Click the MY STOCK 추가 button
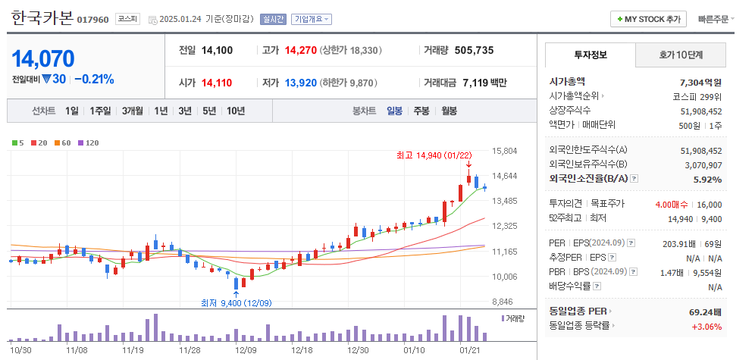(649, 19)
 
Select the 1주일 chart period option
(100, 111)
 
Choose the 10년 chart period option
(235, 111)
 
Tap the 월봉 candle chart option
(449, 111)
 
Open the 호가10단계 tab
(680, 55)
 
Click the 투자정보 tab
(591, 55)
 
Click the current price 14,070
(43, 58)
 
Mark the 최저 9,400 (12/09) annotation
(236, 302)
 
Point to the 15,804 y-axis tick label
(504, 151)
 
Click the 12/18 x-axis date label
(302, 350)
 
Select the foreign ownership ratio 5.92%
(707, 180)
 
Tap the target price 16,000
(710, 204)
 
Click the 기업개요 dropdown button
(312, 19)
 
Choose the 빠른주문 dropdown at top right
(716, 19)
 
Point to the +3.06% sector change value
(706, 326)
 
